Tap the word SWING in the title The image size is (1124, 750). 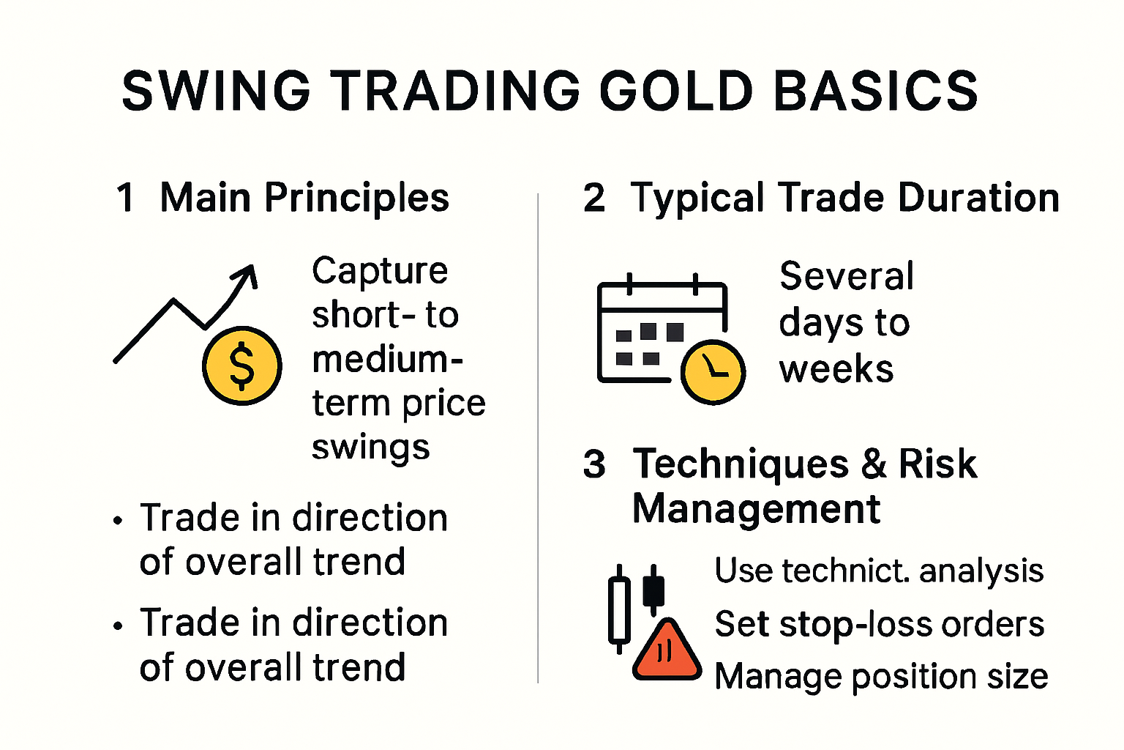click(216, 92)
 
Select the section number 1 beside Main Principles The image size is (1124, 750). click(126, 198)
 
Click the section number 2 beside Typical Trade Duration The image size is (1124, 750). click(594, 198)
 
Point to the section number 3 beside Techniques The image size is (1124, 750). click(594, 464)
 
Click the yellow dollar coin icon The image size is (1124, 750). click(241, 365)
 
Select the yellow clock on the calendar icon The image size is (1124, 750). click(713, 371)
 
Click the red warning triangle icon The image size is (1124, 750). click(667, 650)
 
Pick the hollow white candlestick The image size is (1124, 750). click(619, 609)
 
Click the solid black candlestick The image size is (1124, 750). click(653, 590)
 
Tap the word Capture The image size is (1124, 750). click(379, 271)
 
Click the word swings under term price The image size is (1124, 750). click(370, 448)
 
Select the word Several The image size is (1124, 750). click(847, 276)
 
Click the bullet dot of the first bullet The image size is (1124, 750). click(118, 521)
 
